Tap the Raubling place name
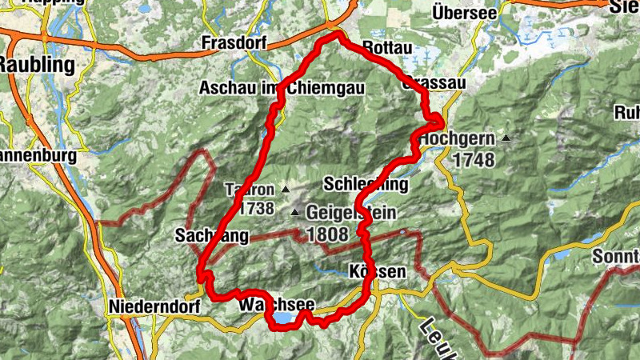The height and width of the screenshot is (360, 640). pos(38,65)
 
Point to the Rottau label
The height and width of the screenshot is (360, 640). pos(387,49)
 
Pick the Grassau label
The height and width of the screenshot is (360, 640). pos(432,82)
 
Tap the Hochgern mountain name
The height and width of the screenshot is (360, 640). pos(457,138)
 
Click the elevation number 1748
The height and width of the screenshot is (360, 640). pos(473,159)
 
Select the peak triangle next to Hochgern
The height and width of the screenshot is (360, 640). pos(506,139)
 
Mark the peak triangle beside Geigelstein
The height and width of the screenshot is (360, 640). pos(295,213)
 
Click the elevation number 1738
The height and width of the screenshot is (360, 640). pos(251,209)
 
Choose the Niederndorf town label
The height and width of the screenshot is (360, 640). pos(149,306)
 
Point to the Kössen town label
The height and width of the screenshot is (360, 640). pos(378,271)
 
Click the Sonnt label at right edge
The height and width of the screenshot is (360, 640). pos(615,258)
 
